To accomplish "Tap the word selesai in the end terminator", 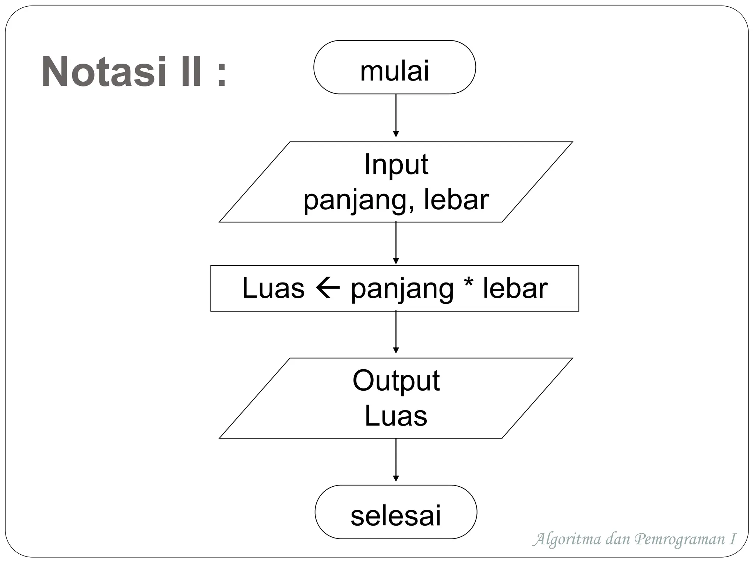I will coord(395,516).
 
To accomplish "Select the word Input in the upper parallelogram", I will coord(396,164).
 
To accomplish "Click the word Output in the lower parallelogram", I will coord(396,380).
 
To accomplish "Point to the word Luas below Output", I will coord(396,416).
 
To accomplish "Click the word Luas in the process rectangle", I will coord(273,288).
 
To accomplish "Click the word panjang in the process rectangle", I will coord(402,289).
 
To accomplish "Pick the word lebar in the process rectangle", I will coord(515,288).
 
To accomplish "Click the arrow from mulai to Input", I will coord(396,116).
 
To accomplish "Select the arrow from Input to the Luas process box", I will coord(396,243).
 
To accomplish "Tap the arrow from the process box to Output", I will coord(396,332).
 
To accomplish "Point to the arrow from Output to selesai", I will coord(396,460).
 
